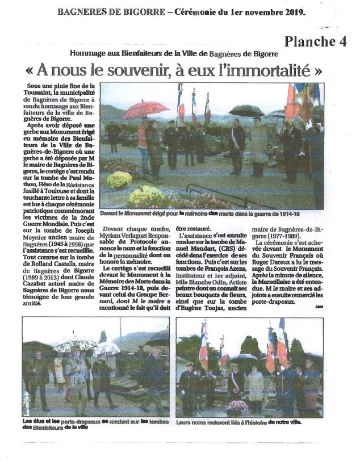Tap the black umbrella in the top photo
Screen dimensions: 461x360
[x=245, y=110]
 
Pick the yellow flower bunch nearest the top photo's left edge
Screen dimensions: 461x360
[x=119, y=179]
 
